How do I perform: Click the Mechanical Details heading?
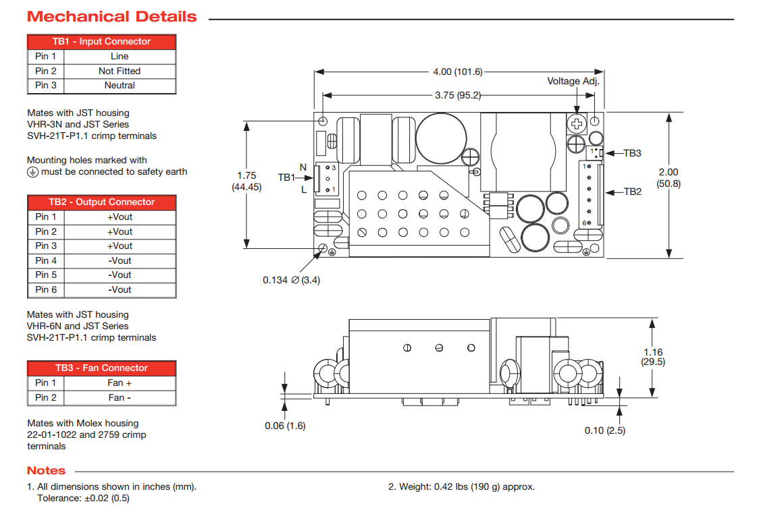pos(112,17)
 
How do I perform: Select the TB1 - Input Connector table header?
pos(101,42)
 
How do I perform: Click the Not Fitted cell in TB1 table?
pos(120,71)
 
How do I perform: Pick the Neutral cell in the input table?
pos(120,86)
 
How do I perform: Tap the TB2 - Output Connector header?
pos(101,202)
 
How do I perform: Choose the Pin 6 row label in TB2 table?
pos(46,290)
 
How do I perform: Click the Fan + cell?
pos(120,383)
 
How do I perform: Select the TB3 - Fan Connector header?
pos(101,368)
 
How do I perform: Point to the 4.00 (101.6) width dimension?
pos(457,72)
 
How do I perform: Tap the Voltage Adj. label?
pos(573,81)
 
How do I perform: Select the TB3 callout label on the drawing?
pos(632,153)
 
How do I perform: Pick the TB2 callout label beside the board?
pos(632,192)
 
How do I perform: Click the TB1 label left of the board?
pos(287,177)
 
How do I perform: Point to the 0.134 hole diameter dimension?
pos(291,280)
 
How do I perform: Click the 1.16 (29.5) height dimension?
pos(653,356)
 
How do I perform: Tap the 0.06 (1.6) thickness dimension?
pos(285,426)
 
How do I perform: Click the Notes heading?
pos(46,471)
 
